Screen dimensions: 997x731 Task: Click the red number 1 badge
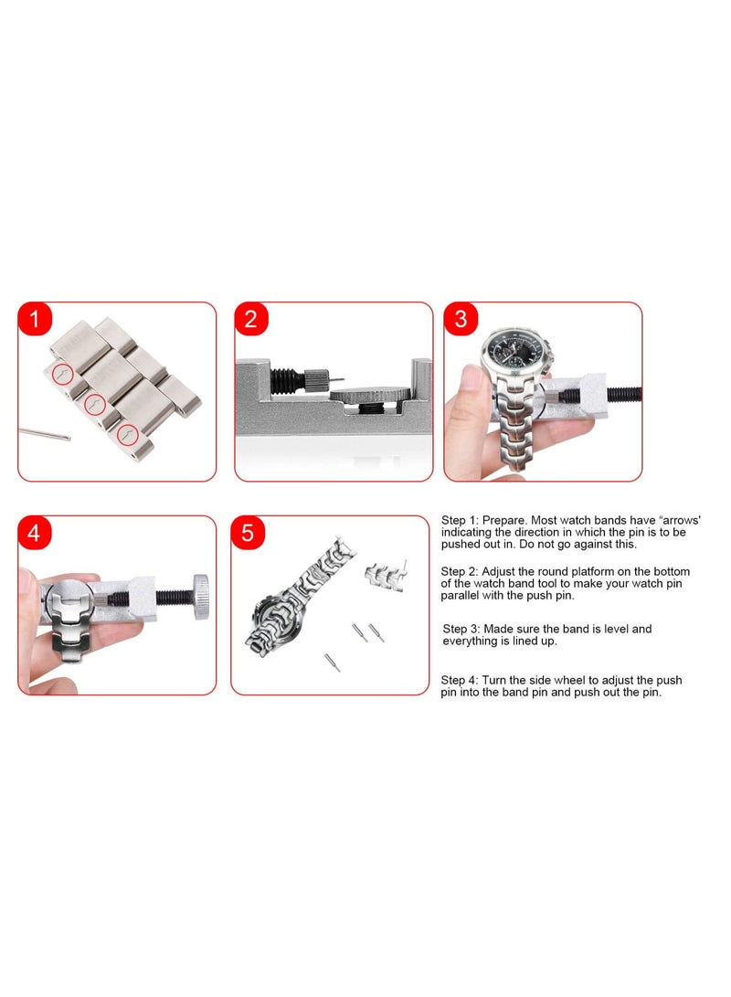[x=35, y=320]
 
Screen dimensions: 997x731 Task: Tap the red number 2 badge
[x=250, y=320]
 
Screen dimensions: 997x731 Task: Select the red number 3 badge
[x=461, y=320]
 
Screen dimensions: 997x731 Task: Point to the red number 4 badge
[x=35, y=534]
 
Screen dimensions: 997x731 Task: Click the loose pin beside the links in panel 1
[x=44, y=433]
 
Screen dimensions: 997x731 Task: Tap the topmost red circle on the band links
[x=62, y=373]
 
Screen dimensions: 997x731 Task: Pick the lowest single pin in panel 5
[x=333, y=663]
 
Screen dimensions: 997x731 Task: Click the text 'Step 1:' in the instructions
[x=461, y=519]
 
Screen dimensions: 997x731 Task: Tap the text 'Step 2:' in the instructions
[x=461, y=571]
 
